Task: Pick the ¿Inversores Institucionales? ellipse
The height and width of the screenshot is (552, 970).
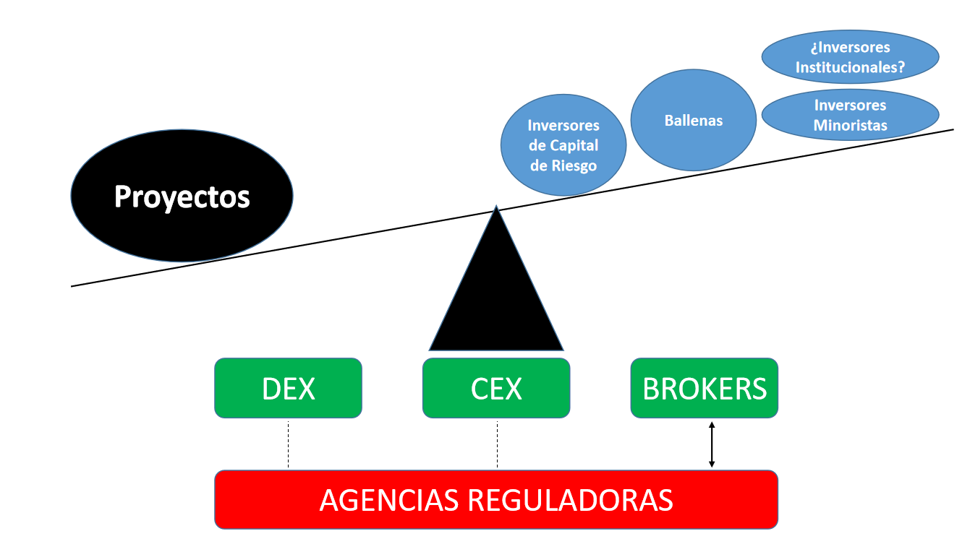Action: (850, 58)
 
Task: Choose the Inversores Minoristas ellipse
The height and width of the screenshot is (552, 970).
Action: (850, 116)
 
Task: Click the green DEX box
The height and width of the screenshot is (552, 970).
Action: (288, 388)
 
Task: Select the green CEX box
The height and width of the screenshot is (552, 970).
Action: (496, 388)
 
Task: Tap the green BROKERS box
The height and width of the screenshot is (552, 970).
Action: (705, 388)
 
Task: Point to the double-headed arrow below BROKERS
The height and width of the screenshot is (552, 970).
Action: (712, 444)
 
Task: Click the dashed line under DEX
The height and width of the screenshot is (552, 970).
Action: (288, 444)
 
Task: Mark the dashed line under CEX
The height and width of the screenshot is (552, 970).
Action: (497, 444)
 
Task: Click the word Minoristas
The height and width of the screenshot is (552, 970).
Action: (850, 126)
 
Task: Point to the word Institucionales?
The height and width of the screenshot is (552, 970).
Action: (851, 68)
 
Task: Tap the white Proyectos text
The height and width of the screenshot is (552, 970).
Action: (182, 197)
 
